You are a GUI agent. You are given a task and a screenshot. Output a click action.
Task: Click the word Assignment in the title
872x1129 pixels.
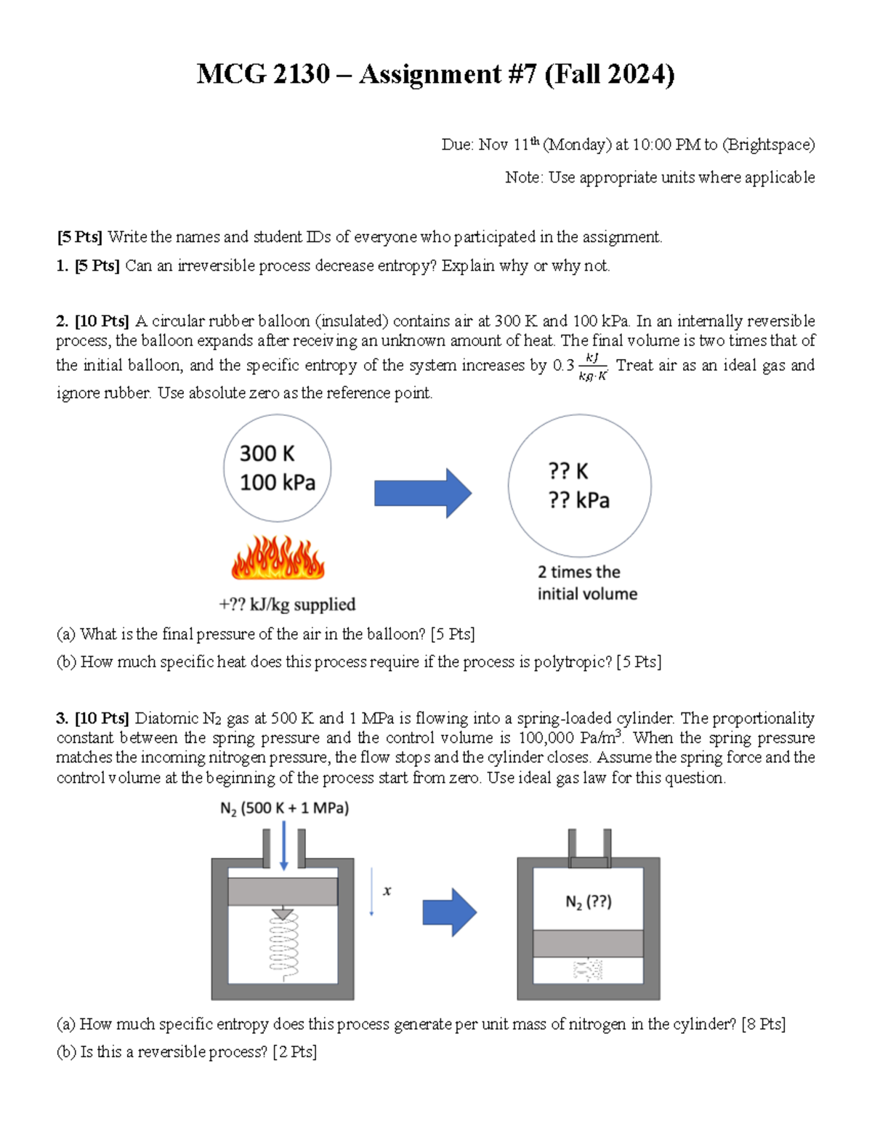(x=429, y=74)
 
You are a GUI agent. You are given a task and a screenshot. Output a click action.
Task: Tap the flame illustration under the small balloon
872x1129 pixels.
(x=278, y=558)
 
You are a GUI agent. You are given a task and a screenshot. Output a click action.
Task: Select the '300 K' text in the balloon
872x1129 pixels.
(x=267, y=454)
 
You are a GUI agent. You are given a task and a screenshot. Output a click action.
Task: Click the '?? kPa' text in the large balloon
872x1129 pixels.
(x=578, y=500)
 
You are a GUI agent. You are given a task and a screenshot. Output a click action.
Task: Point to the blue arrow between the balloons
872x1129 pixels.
(x=422, y=493)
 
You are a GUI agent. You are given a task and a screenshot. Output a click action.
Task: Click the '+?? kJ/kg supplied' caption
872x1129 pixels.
(x=287, y=605)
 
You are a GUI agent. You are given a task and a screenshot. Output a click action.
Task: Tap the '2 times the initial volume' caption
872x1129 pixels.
(x=587, y=583)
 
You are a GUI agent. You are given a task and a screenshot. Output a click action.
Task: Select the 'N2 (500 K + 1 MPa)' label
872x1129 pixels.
(x=284, y=808)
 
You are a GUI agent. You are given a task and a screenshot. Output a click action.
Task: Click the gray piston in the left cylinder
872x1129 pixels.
(x=283, y=891)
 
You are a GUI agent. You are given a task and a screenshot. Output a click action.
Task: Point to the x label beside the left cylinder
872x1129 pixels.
(x=387, y=891)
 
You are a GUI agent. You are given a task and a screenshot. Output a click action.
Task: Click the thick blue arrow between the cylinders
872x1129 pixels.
(x=449, y=912)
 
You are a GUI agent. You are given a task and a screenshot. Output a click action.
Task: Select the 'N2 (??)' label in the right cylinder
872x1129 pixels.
(x=589, y=902)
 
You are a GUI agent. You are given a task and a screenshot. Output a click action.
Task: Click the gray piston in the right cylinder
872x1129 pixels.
(x=588, y=944)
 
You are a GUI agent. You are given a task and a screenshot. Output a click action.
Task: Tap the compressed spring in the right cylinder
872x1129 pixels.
(x=588, y=970)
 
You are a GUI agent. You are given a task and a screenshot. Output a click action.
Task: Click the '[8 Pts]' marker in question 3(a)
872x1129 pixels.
(x=763, y=1024)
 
